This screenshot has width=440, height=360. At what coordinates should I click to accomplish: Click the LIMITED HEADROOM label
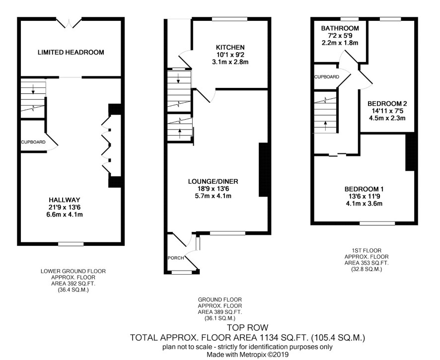point(71,52)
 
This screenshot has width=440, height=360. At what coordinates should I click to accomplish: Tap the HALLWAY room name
point(64,200)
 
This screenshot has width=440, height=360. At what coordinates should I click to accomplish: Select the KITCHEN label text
point(230,47)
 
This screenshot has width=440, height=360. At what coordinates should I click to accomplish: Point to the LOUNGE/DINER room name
point(213,181)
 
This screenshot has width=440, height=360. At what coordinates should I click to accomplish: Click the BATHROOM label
point(340,28)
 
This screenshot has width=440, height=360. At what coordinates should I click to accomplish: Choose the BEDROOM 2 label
point(387,104)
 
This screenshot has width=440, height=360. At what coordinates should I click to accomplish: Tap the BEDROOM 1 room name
point(364,189)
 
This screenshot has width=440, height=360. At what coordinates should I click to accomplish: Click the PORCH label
point(176,258)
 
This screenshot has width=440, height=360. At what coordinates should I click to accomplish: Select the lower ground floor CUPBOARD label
point(33,142)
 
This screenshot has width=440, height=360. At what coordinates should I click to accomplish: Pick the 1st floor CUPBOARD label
point(327,77)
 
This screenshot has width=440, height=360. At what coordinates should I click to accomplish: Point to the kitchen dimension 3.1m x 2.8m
point(230,62)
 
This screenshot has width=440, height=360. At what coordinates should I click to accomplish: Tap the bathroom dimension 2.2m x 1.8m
point(340,43)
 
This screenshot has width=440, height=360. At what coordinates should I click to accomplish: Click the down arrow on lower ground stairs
point(33,89)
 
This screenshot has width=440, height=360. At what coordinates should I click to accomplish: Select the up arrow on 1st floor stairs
point(325,126)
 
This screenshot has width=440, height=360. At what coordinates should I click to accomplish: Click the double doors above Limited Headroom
point(69,23)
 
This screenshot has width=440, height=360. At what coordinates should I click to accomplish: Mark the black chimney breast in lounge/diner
point(263,170)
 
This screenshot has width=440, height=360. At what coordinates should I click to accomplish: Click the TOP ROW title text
point(247,327)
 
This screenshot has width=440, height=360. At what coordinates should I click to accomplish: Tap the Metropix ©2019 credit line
point(247,355)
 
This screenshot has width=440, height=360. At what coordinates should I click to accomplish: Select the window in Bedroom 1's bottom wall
point(377,223)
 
